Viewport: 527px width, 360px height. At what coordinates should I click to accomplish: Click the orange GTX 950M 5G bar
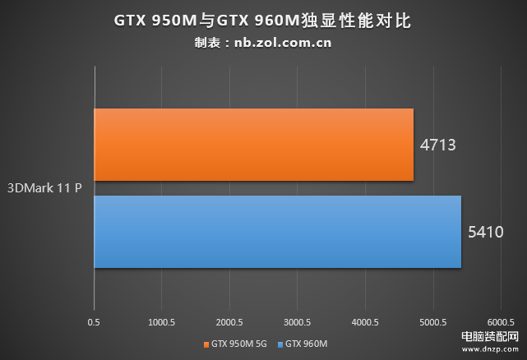[253, 145]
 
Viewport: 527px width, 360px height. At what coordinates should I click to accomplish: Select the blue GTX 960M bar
[277, 232]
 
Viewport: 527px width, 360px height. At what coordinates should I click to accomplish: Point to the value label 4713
[437, 145]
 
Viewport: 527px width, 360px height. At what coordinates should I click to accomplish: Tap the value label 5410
[485, 233]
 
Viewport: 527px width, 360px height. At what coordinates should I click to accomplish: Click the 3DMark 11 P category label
[45, 187]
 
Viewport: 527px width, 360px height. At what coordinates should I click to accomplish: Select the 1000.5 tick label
[161, 322]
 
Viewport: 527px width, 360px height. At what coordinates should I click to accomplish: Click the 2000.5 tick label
[229, 322]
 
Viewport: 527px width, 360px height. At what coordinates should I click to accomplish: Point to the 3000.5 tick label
[297, 322]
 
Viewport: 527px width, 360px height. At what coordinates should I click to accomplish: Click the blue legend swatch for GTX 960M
[280, 344]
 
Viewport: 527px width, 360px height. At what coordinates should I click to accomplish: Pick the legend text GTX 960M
[306, 344]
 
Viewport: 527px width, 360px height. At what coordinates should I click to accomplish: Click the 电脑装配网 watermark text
[490, 337]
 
